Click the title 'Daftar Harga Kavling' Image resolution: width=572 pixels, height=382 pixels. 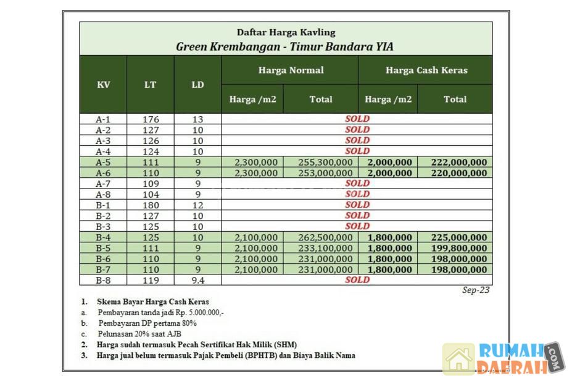(286, 32)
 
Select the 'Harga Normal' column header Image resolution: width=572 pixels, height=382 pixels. (290, 70)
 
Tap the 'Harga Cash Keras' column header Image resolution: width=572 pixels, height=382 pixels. (426, 70)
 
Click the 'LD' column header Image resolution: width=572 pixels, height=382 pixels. (197, 85)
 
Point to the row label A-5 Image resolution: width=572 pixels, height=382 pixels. (103, 162)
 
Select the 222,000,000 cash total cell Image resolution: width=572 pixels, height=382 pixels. (455, 162)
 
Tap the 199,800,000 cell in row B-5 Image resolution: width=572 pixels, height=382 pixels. (455, 248)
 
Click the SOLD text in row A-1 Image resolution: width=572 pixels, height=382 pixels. (357, 119)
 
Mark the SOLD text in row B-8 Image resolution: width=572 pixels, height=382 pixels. (357, 279)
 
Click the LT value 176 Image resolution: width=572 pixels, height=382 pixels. (151, 119)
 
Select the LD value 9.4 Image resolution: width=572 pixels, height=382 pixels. (197, 279)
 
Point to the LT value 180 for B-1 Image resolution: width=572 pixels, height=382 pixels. (151, 205)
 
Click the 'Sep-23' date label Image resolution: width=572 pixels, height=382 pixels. (476, 290)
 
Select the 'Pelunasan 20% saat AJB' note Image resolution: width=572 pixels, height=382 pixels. (139, 334)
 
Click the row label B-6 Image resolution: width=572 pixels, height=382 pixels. (103, 258)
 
